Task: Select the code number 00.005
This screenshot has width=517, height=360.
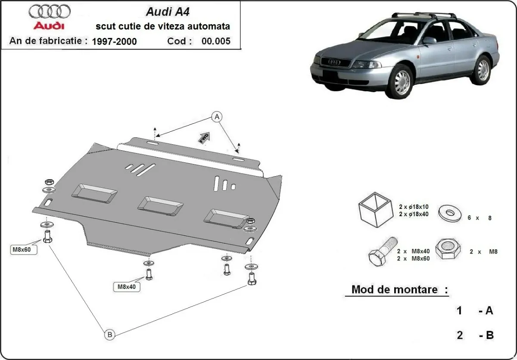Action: pos(216,41)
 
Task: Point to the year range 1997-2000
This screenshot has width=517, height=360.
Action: pos(114,41)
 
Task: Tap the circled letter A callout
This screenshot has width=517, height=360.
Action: pos(217,116)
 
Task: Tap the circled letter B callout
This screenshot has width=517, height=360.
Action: pos(109,334)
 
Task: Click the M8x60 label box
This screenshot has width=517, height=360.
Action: pos(24,249)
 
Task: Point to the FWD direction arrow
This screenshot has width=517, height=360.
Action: pos(204,137)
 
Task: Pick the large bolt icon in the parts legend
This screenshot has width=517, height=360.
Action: pos(381,252)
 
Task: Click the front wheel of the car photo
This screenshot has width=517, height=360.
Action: pos(402,81)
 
